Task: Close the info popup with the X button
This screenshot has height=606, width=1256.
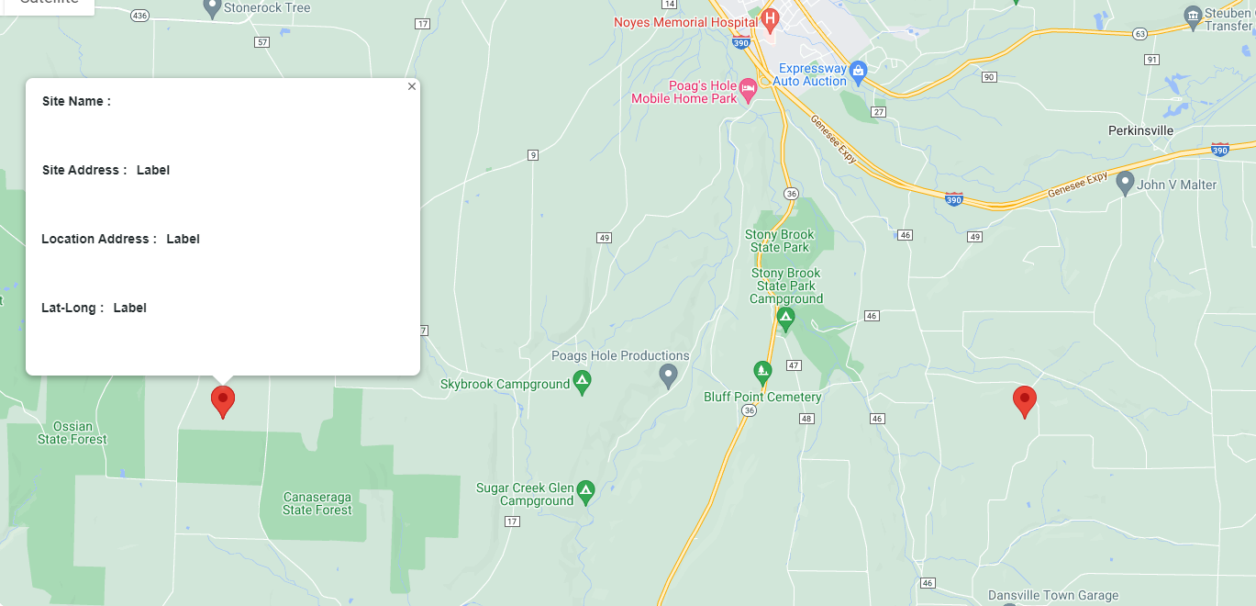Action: (x=412, y=86)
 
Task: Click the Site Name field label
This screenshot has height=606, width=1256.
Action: (x=76, y=101)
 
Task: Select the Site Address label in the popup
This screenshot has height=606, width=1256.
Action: (x=84, y=170)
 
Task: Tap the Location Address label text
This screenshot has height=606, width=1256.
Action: (x=99, y=239)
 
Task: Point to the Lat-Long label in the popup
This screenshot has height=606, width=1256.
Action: (x=72, y=308)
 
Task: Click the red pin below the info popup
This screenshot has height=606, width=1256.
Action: (x=223, y=401)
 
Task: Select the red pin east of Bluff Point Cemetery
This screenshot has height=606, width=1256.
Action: (x=1025, y=401)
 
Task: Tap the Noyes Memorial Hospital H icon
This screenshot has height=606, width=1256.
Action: (x=770, y=17)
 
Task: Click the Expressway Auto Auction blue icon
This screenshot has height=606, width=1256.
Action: (x=858, y=71)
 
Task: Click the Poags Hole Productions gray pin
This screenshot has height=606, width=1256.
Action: (x=669, y=375)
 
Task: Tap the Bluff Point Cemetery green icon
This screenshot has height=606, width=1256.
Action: (x=762, y=372)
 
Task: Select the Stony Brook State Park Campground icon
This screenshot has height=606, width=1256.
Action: (x=785, y=318)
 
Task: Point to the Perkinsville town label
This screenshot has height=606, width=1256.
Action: (x=1140, y=130)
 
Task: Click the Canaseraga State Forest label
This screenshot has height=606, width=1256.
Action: (x=317, y=503)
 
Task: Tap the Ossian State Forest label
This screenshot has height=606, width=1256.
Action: (x=72, y=432)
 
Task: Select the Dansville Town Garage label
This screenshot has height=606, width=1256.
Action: (x=1053, y=595)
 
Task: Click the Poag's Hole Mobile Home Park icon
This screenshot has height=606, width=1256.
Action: (x=748, y=89)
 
